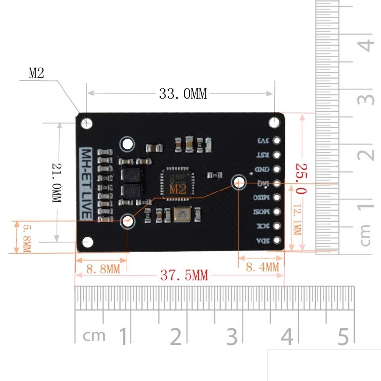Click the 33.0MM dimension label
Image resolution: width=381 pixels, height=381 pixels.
[x=183, y=94]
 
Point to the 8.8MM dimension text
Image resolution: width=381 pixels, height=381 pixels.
[x=103, y=269]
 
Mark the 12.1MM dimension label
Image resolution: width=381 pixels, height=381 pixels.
[x=296, y=221]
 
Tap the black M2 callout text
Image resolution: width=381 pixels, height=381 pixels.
[x=36, y=74]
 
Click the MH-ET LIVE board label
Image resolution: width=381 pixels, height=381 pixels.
[x=86, y=183]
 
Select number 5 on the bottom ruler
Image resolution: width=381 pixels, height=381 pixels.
[x=343, y=337]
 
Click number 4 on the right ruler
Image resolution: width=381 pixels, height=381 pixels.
[x=366, y=45]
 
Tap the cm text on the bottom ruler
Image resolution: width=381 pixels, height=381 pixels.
[x=94, y=336]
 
